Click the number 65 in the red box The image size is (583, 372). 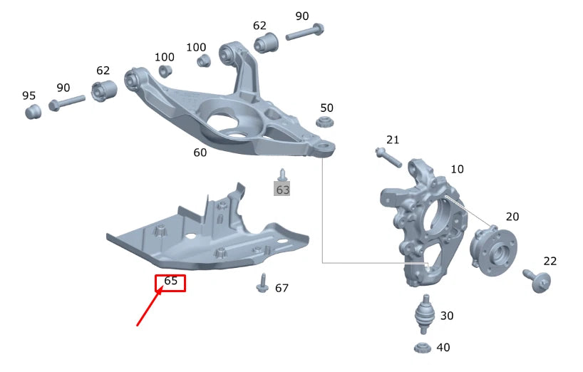(x=170, y=281)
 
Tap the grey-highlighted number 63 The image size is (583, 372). (x=282, y=190)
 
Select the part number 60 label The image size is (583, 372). (x=200, y=153)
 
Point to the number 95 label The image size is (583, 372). (x=29, y=95)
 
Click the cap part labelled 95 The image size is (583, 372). (x=33, y=111)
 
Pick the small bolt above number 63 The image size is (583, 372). (x=282, y=175)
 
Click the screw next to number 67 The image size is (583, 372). (x=262, y=283)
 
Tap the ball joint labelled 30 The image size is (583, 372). (x=425, y=314)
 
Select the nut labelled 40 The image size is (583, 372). (x=423, y=348)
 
